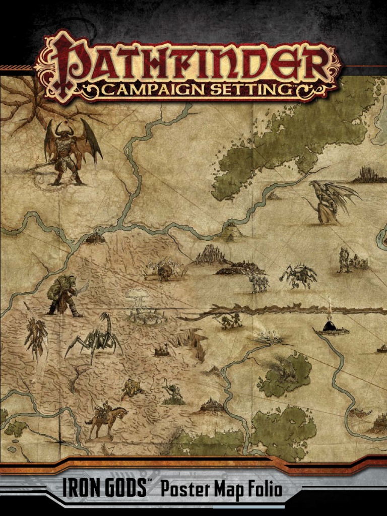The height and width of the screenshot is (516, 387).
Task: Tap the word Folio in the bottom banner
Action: click(x=263, y=489)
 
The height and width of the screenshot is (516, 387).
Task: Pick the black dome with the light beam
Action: click(x=330, y=327)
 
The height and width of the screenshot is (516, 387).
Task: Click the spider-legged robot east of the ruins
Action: click(x=299, y=276)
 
